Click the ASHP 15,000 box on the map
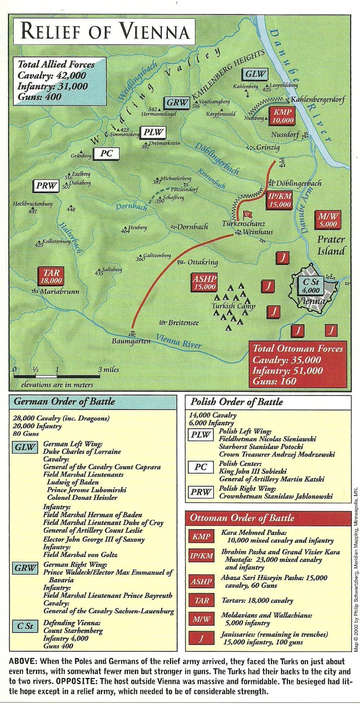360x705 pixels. (x=204, y=282)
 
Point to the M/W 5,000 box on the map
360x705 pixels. (x=327, y=220)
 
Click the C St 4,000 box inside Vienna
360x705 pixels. (x=310, y=286)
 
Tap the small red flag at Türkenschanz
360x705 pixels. (x=247, y=214)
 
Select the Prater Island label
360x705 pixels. (x=331, y=245)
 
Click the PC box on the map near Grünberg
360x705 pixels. (x=106, y=153)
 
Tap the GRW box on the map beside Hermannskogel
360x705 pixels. (x=177, y=103)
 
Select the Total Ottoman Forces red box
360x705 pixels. (x=297, y=364)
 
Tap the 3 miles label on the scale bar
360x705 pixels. (x=108, y=369)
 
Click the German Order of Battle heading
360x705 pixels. (x=64, y=401)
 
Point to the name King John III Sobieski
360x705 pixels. (x=253, y=471)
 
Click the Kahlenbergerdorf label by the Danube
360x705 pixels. (x=317, y=100)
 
